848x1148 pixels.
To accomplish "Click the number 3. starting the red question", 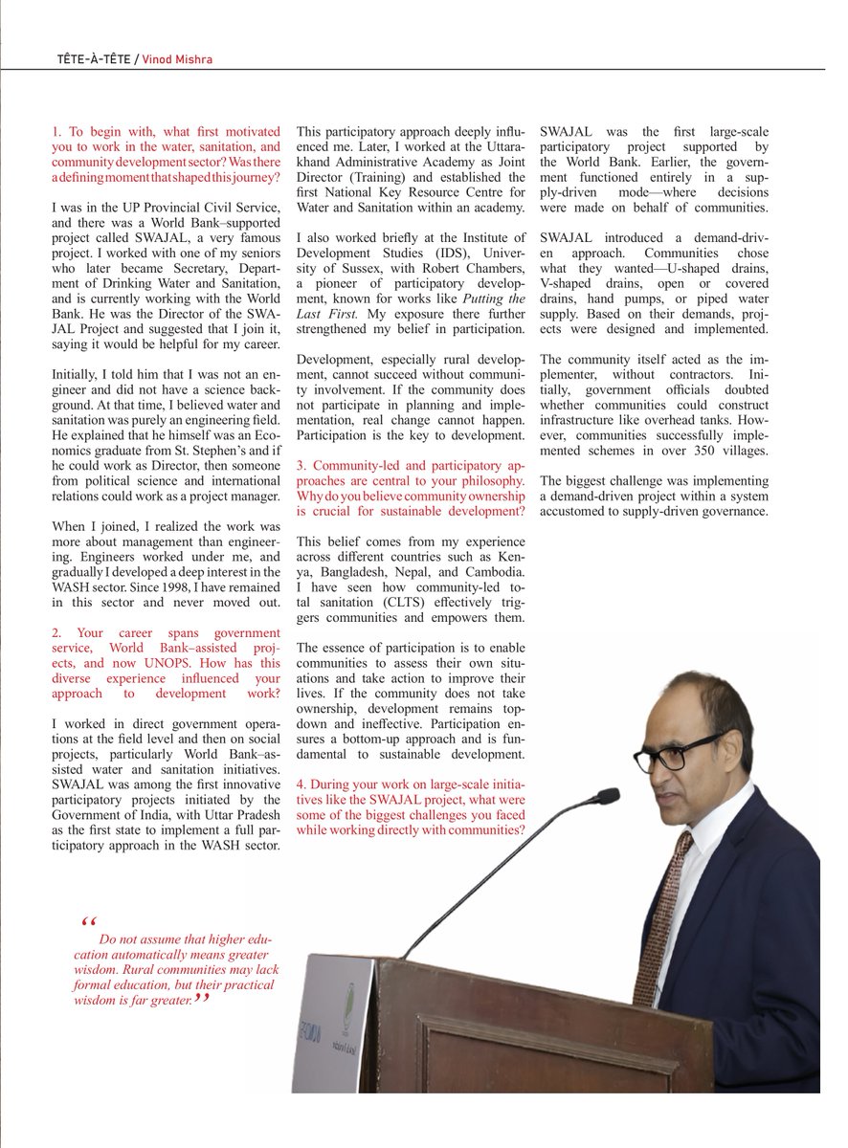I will (301, 465).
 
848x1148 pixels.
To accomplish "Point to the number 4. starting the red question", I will (301, 784).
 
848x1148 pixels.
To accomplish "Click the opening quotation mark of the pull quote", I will (90, 922).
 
